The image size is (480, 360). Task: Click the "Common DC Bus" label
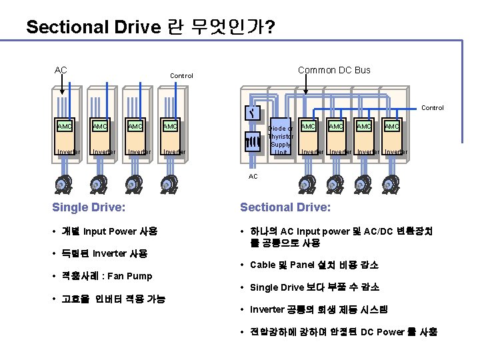334,70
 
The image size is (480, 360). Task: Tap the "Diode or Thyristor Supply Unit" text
281,140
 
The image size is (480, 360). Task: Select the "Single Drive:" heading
89,207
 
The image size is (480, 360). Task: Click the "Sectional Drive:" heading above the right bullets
285,207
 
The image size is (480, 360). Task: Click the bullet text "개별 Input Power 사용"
109,231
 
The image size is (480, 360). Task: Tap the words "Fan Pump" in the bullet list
129,276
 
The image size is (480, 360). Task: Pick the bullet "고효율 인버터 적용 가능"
113,299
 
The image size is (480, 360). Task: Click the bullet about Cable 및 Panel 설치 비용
314,265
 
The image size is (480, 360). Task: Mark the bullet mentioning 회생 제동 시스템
319,310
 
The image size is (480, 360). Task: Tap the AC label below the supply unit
253,177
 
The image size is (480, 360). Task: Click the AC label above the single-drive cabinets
61,69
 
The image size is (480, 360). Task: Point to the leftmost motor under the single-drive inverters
61,183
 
